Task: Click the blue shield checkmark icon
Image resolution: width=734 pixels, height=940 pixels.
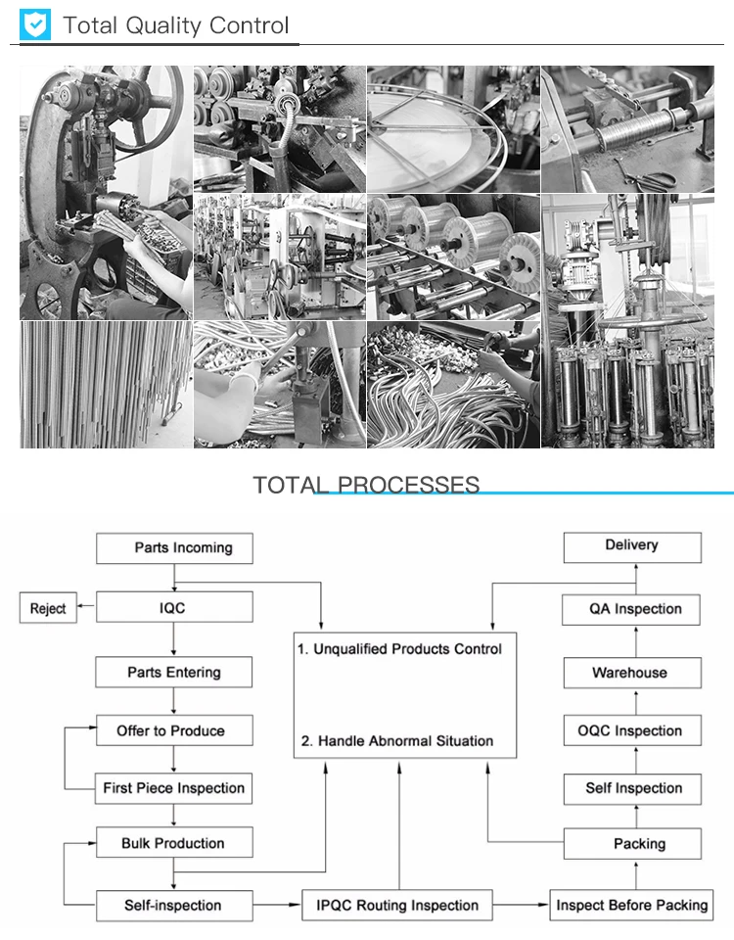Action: (x=35, y=25)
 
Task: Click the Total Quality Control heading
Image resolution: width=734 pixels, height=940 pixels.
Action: (x=176, y=25)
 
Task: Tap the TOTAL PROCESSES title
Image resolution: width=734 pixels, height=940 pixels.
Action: (x=366, y=485)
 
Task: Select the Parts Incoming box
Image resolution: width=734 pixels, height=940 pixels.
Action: (x=174, y=547)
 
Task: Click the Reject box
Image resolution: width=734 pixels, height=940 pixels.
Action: (x=48, y=608)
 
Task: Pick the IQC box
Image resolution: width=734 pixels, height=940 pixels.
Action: (x=174, y=608)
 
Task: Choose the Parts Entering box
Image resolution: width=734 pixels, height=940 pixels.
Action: (x=174, y=673)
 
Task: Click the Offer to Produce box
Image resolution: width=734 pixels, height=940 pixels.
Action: (x=174, y=730)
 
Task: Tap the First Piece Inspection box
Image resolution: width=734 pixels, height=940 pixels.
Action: (x=174, y=788)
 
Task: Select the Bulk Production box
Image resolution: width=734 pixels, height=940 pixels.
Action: (x=174, y=843)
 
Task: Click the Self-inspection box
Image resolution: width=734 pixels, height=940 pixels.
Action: (x=174, y=905)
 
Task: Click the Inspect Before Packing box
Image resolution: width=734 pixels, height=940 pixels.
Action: (x=631, y=905)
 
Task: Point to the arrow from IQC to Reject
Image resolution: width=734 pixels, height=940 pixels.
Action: (x=86, y=608)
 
